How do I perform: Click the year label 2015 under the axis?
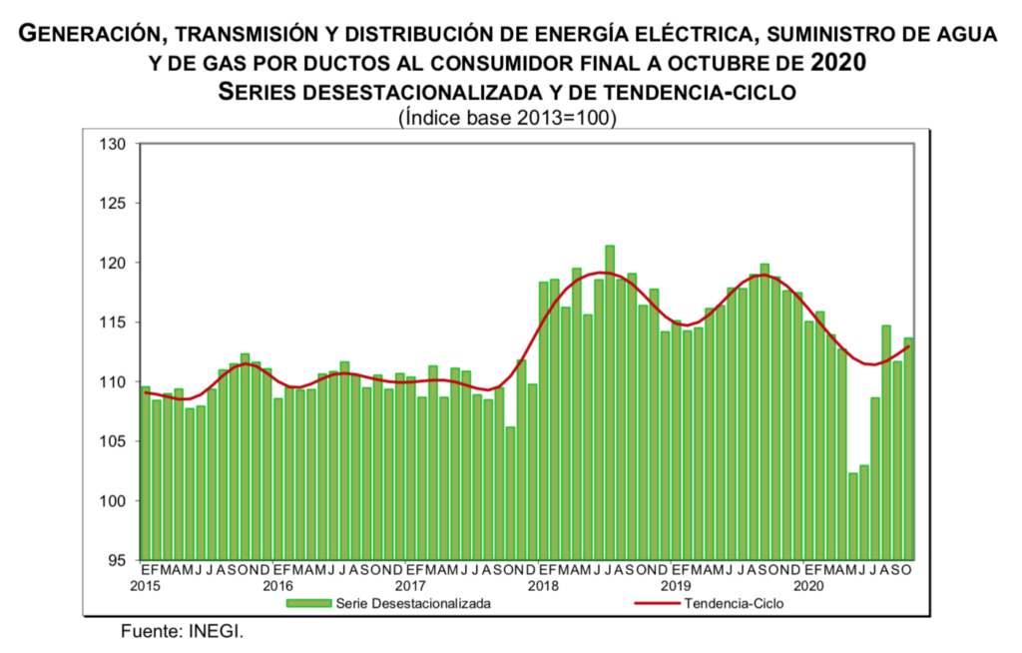[x=146, y=584]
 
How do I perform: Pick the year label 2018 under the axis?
[x=543, y=584]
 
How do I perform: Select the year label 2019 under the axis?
[x=676, y=584]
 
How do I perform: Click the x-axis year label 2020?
[x=808, y=584]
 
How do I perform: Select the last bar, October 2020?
[x=908, y=448]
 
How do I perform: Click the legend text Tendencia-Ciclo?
[x=735, y=603]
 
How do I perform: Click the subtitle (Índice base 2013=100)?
[x=507, y=117]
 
